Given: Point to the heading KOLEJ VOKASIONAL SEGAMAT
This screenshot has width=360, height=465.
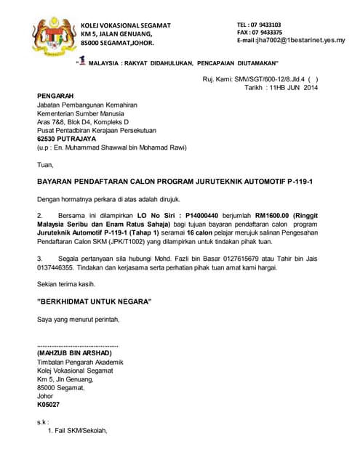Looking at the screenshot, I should click(x=125, y=25).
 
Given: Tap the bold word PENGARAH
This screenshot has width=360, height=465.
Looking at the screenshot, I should click(x=55, y=96).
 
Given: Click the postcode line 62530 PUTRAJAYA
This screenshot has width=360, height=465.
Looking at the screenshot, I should click(x=66, y=138).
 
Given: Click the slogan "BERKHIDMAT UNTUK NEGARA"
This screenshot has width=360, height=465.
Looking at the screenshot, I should click(x=94, y=301).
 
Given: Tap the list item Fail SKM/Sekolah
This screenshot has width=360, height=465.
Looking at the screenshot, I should click(x=80, y=431).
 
